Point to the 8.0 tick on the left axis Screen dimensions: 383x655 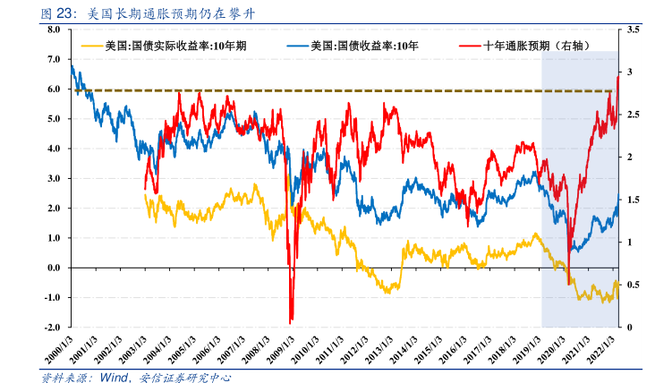pyautogui.click(x=53, y=30)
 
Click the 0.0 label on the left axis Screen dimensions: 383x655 pyautogui.click(x=53, y=268)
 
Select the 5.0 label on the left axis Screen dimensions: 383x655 pyautogui.click(x=53, y=119)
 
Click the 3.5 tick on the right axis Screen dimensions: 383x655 pyautogui.click(x=634, y=30)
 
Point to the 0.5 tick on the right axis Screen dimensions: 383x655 pyautogui.click(x=634, y=285)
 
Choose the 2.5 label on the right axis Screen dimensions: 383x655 pyautogui.click(x=634, y=115)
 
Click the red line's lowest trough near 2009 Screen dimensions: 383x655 pyautogui.click(x=291, y=322)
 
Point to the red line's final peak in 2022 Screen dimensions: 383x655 pyautogui.click(x=617, y=78)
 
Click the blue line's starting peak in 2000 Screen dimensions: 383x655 pyautogui.click(x=72, y=65)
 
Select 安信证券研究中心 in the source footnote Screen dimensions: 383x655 pyautogui.click(x=184, y=377)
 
